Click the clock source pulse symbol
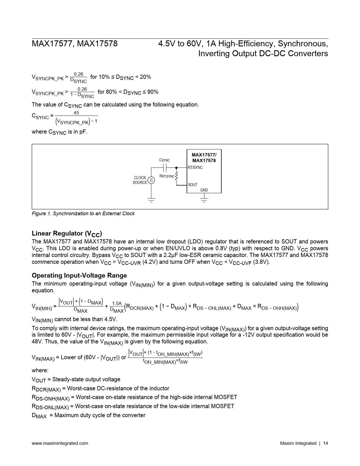[x=151, y=180]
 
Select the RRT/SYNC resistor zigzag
[x=176, y=176]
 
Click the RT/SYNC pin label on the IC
[x=195, y=167]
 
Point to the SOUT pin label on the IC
[x=193, y=185]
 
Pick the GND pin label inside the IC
[x=204, y=190]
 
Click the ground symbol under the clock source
[x=151, y=201]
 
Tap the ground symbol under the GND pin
[x=204, y=201]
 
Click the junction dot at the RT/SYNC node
[x=176, y=167]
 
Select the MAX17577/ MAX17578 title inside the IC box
[x=204, y=158]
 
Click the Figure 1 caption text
[x=83, y=214]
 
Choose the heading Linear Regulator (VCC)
[x=67, y=234]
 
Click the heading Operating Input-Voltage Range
[x=79, y=275]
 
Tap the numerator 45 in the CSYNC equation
[x=76, y=113]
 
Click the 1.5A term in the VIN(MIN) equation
[x=117, y=304]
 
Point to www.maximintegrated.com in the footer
[x=60, y=443]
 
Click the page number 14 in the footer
[x=325, y=443]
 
